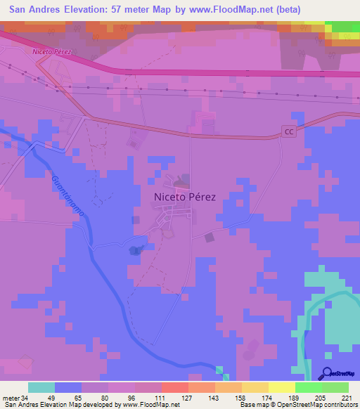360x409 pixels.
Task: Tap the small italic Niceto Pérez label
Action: [x=52, y=52]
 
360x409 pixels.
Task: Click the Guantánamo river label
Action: [x=71, y=200]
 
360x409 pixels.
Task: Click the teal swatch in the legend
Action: [x=41, y=387]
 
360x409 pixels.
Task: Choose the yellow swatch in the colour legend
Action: [x=281, y=387]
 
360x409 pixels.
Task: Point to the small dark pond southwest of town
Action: [x=134, y=250]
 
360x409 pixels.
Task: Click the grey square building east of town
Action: [x=209, y=238]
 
